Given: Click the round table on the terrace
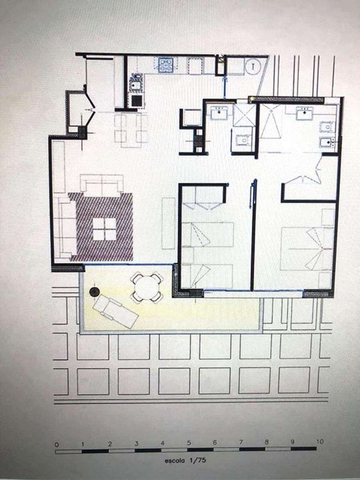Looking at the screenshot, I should tap(147, 286).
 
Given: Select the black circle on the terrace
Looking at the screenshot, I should tap(94, 292).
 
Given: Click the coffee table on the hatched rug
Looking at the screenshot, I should tap(104, 229).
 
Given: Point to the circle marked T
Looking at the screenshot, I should tap(252, 67).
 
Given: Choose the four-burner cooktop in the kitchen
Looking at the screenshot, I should tap(165, 65).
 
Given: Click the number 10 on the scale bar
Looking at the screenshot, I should tap(319, 442).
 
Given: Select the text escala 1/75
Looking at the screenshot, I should tap(185, 460).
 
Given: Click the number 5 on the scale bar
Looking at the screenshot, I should tap(189, 443).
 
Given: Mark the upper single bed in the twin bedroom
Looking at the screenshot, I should tap(208, 234).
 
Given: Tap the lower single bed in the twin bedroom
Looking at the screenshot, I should tap(208, 276).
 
